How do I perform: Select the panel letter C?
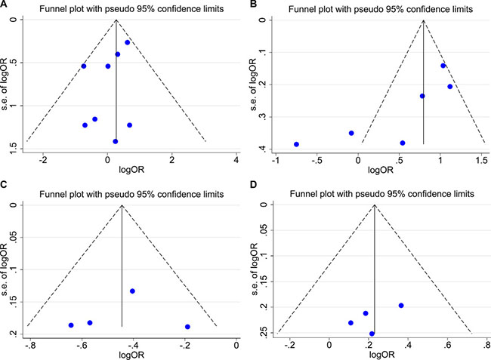5,190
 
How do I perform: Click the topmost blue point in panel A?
128,42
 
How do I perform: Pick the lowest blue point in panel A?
115,141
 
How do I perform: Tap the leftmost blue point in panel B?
296,144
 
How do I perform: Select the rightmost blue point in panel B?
449,87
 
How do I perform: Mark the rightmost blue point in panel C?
187,327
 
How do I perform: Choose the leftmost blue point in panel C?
71,325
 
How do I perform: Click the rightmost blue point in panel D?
401,306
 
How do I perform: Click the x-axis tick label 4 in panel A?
236,160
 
